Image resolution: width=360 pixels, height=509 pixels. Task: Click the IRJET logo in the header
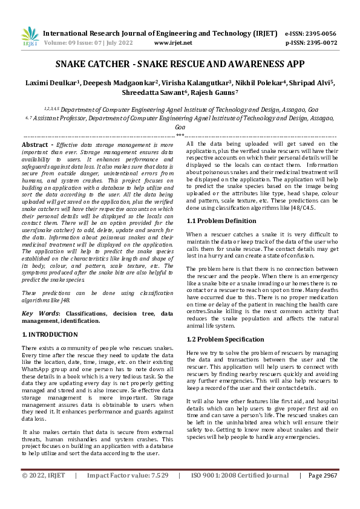(30, 37)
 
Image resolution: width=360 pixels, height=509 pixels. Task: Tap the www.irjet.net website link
(173, 43)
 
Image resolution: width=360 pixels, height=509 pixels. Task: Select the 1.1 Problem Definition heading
(221, 221)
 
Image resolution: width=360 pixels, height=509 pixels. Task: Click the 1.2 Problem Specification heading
(225, 339)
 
